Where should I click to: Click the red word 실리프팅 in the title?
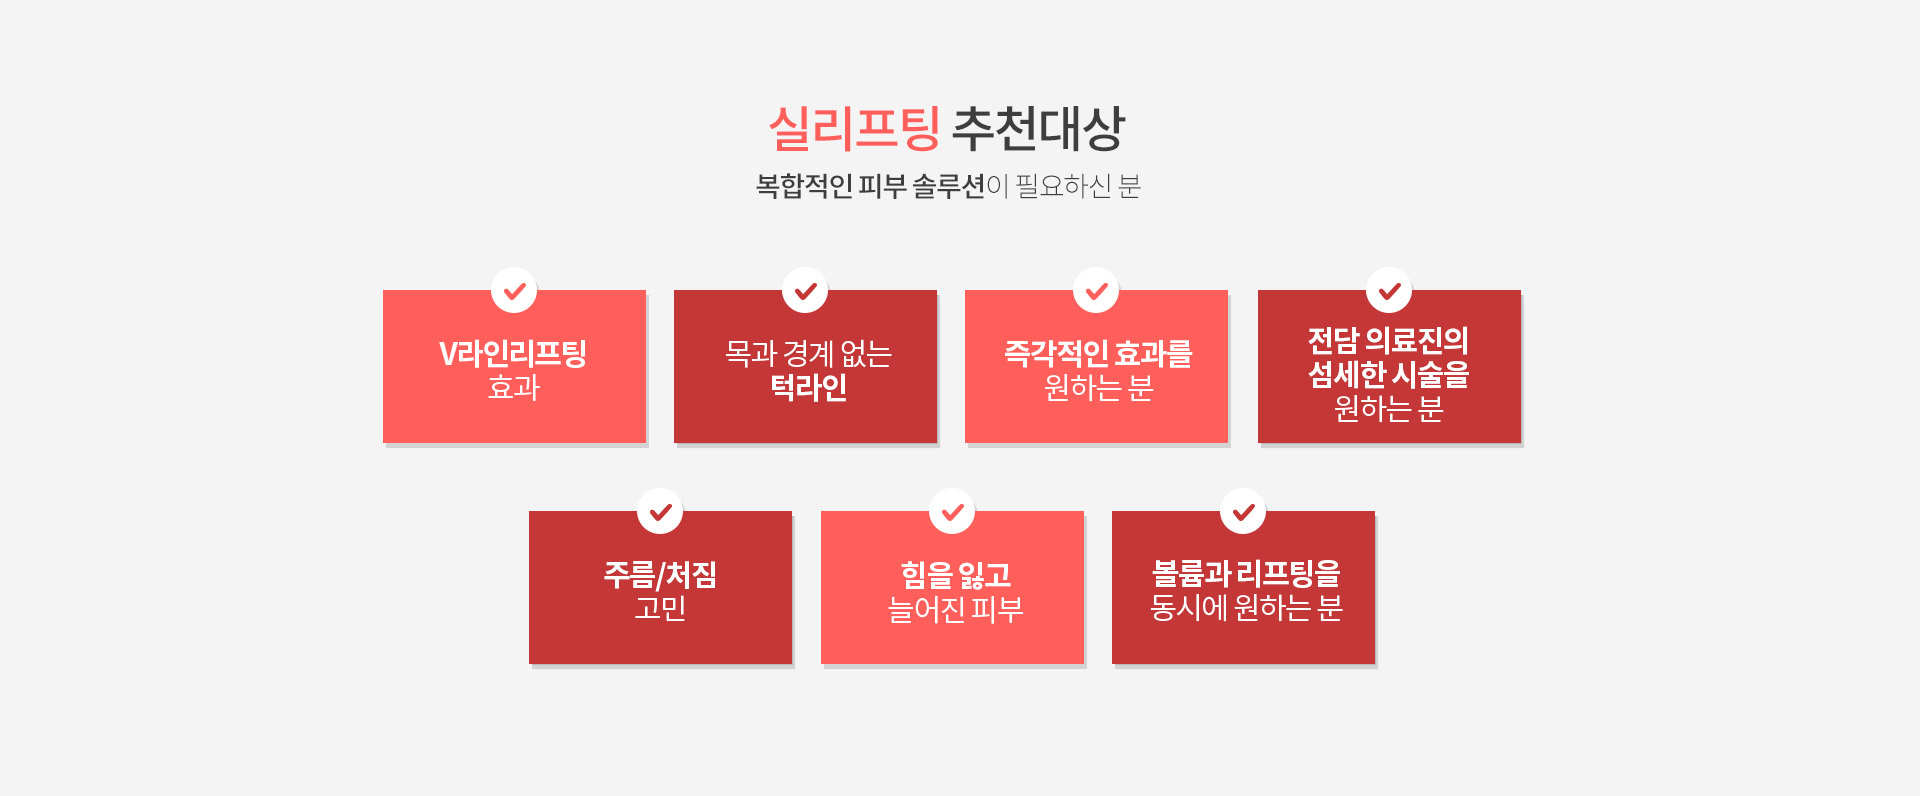854,128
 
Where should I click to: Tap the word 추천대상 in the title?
1039,128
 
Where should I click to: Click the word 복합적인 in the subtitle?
804,186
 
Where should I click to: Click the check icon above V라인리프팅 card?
514,291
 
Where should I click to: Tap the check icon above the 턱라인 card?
805,291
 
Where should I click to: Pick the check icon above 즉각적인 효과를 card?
1096,291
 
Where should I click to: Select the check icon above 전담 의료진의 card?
1389,291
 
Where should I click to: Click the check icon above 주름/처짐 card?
660,512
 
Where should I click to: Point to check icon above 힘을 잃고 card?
952,512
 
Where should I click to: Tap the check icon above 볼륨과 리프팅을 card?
1243,512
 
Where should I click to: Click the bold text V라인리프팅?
513,354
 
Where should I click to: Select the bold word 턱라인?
808,388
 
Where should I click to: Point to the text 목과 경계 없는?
808,354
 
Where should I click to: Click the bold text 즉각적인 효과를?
1098,354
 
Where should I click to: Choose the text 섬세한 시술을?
1389,375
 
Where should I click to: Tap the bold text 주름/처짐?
660,575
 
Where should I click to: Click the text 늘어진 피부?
956,609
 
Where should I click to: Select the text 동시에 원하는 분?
1246,608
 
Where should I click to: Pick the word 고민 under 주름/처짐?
660,608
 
